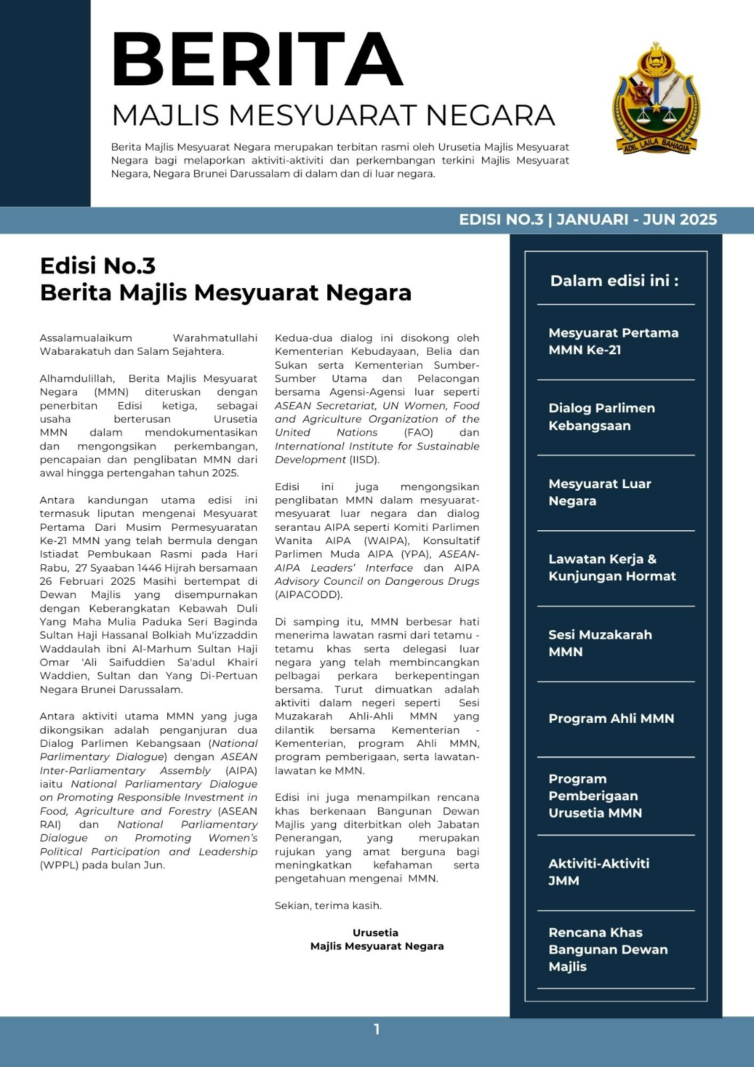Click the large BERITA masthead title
pyautogui.click(x=257, y=61)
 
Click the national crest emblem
pyautogui.click(x=657, y=97)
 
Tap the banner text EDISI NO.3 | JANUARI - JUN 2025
pyautogui.click(x=587, y=219)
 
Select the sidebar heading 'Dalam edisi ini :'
pyautogui.click(x=614, y=281)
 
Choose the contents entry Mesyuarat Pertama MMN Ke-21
pyautogui.click(x=613, y=341)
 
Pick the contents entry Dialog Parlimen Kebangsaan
pyautogui.click(x=601, y=416)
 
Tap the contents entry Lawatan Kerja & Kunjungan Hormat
pyautogui.click(x=611, y=568)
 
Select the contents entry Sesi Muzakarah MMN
pyautogui.click(x=599, y=643)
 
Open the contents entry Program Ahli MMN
pyautogui.click(x=611, y=718)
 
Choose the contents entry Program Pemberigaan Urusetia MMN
pyautogui.click(x=595, y=796)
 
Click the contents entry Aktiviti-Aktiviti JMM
pyautogui.click(x=598, y=872)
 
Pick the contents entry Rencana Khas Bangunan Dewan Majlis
pyautogui.click(x=607, y=949)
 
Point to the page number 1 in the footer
pyautogui.click(x=377, y=1029)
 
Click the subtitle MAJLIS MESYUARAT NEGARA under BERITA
pyautogui.click(x=333, y=115)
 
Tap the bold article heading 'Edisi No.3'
pyautogui.click(x=97, y=265)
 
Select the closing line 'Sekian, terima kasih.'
pyautogui.click(x=328, y=906)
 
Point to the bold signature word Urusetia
pyautogui.click(x=375, y=932)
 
